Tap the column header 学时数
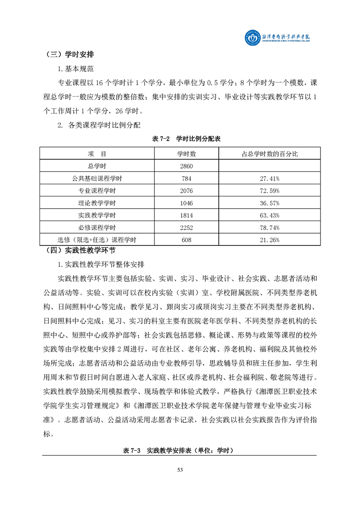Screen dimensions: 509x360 coord(186,154)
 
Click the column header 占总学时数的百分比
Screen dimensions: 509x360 coord(270,154)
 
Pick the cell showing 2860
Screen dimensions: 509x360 coord(186,166)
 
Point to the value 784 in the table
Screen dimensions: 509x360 coord(186,179)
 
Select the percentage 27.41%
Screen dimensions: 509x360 coord(270,179)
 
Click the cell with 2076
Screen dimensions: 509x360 coord(186,191)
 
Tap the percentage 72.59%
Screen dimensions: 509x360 coord(270,191)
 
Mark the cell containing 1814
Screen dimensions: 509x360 coord(186,215)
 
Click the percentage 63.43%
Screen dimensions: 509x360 coord(270,215)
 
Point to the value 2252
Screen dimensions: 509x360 coord(186,227)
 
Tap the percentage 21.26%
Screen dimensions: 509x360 coord(270,240)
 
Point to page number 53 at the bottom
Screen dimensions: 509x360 coord(180,470)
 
